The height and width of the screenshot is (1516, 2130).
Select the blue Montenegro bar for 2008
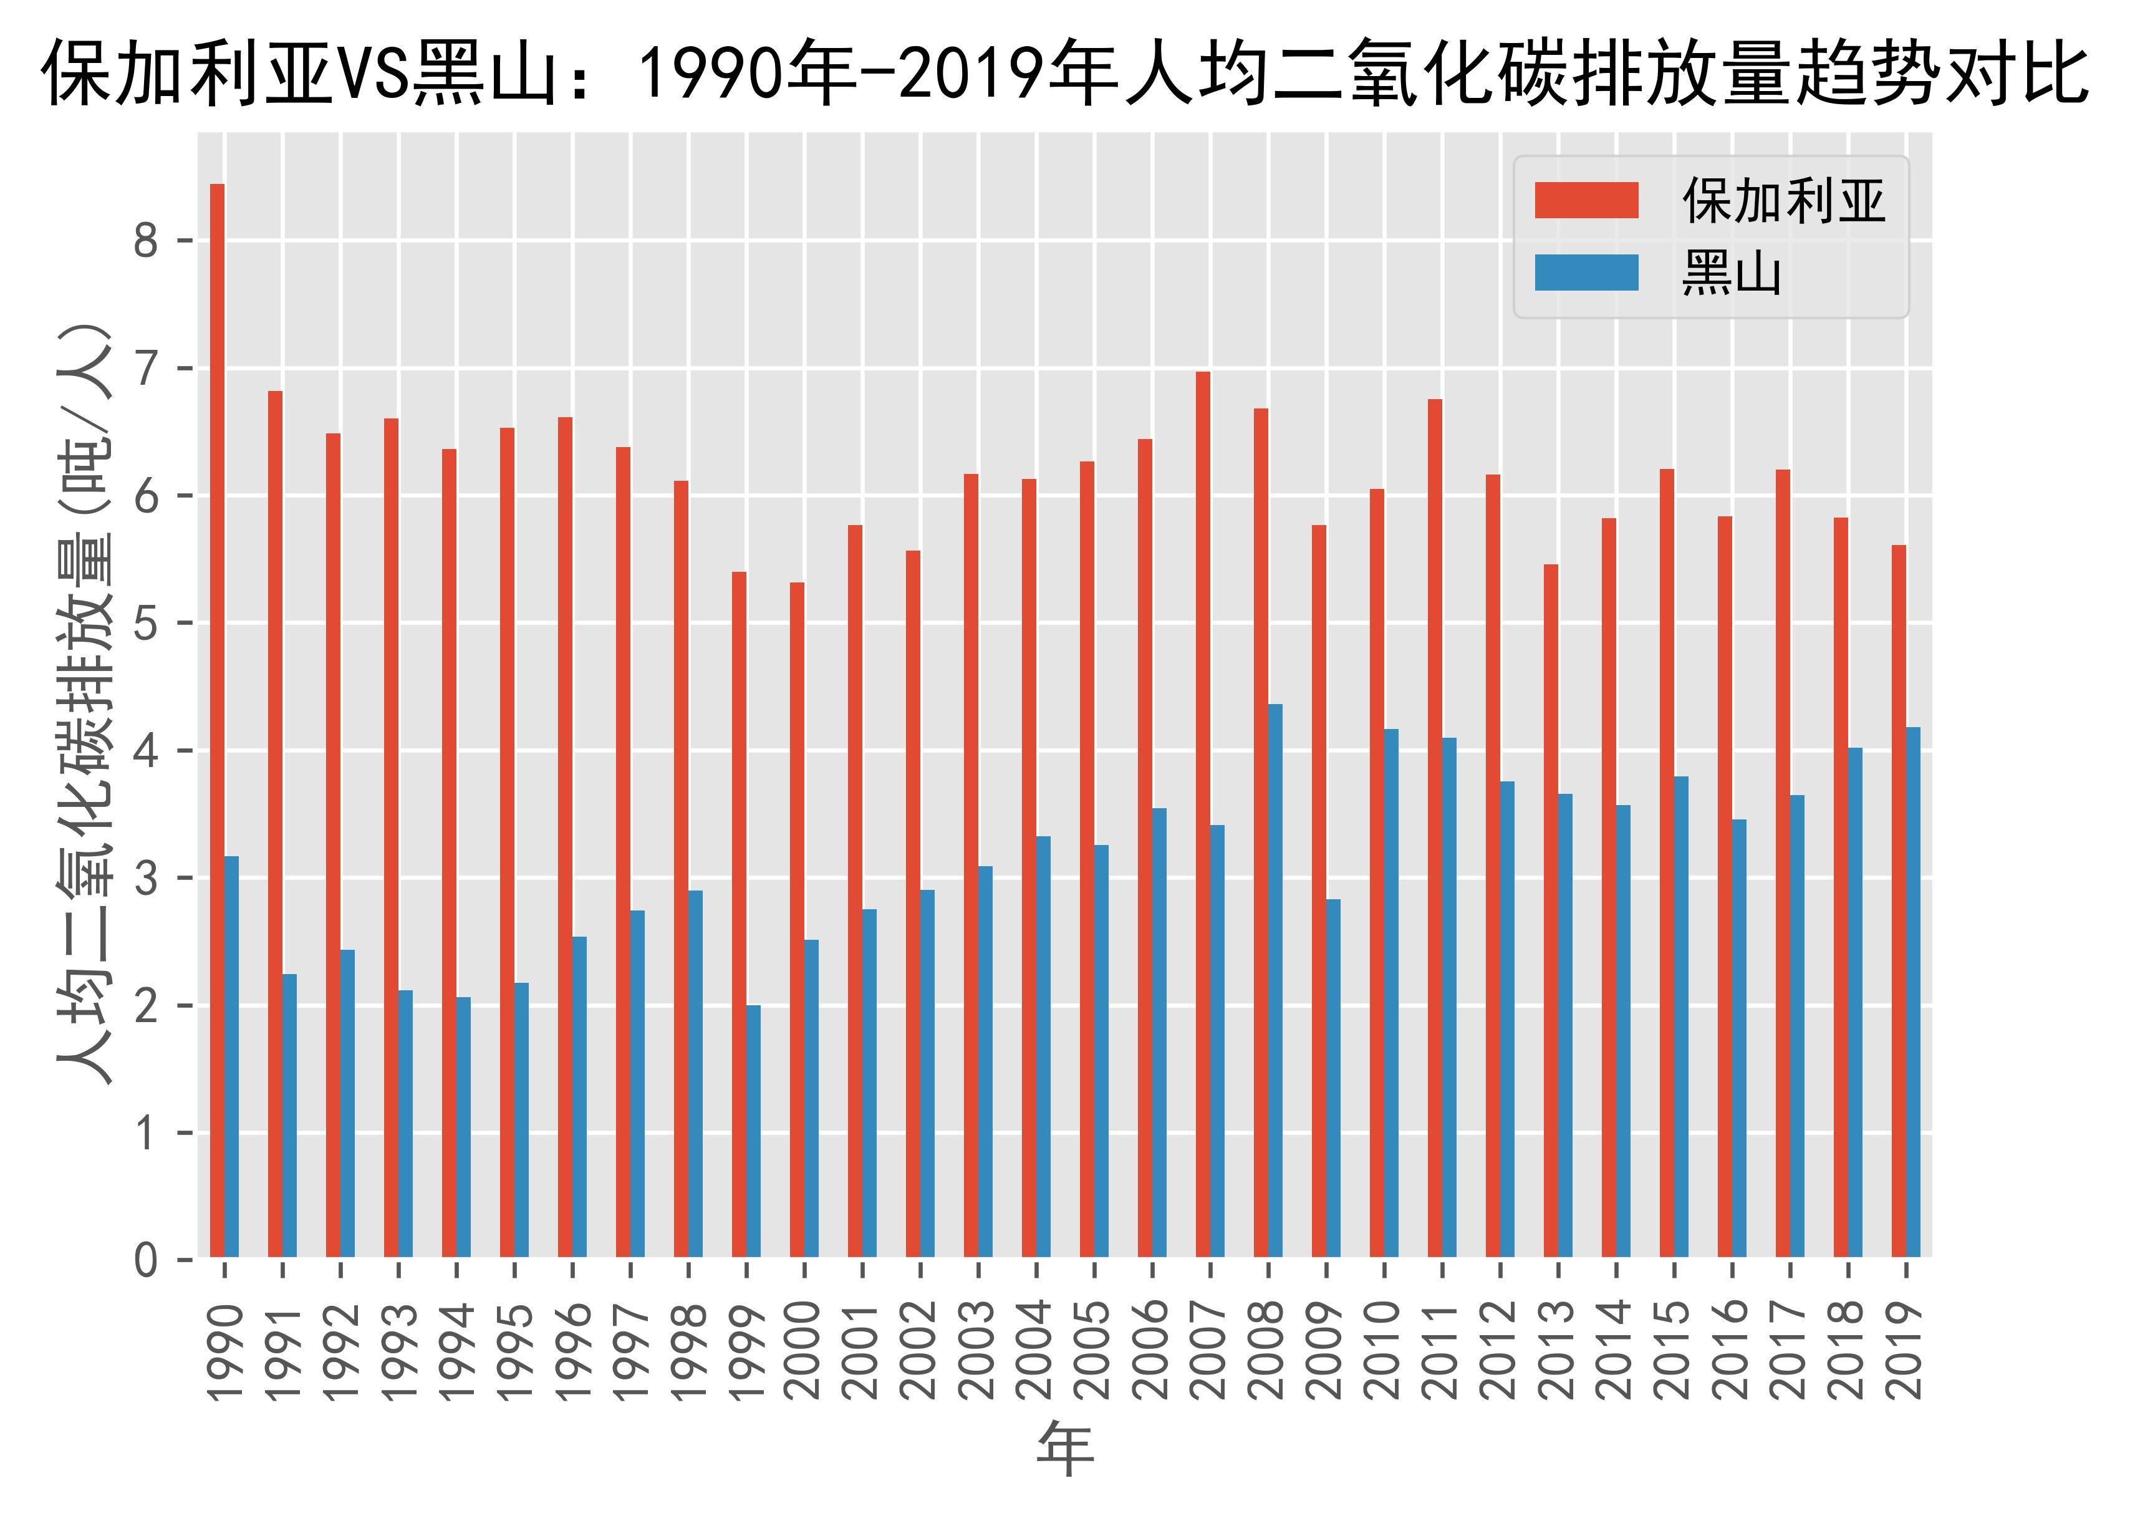click(1275, 980)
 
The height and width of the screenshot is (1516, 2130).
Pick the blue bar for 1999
click(753, 1131)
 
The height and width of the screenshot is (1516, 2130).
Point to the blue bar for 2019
click(1912, 992)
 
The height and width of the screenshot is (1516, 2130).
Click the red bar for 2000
click(796, 919)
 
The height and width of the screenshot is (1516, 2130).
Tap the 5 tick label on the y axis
click(147, 624)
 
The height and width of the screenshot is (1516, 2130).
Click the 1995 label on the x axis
click(514, 1351)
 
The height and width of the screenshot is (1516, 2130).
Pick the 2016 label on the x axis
click(1732, 1351)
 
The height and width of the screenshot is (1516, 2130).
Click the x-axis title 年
click(1065, 1450)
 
